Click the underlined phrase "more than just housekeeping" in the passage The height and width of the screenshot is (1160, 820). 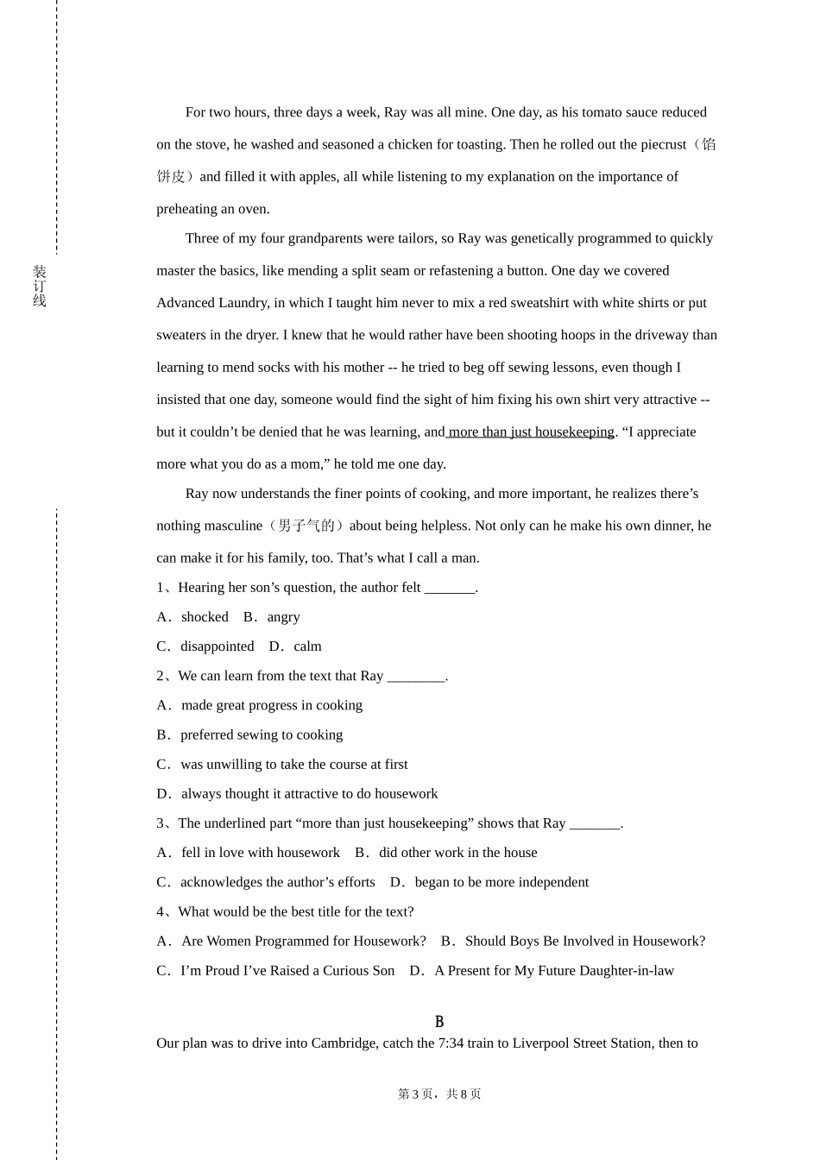pyautogui.click(x=531, y=432)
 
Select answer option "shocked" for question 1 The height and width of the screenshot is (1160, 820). pyautogui.click(x=205, y=617)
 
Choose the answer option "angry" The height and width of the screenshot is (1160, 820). pyautogui.click(x=283, y=617)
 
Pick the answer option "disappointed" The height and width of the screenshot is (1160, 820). pyautogui.click(x=217, y=646)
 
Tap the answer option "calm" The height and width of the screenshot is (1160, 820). pyautogui.click(x=307, y=646)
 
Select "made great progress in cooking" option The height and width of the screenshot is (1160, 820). pyautogui.click(x=271, y=705)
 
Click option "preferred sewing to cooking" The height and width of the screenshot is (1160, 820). pyautogui.click(x=261, y=734)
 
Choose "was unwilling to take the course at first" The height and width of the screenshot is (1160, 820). pyautogui.click(x=293, y=764)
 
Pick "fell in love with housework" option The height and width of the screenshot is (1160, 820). pyautogui.click(x=260, y=853)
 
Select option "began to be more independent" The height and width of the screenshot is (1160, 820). pyautogui.click(x=501, y=882)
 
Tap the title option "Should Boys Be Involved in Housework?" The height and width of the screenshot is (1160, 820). pyautogui.click(x=584, y=941)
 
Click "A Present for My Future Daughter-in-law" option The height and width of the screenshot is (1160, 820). pyautogui.click(x=553, y=970)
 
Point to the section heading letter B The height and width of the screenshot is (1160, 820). pyautogui.click(x=439, y=1022)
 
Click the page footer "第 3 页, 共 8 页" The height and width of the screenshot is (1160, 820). pyautogui.click(x=439, y=1094)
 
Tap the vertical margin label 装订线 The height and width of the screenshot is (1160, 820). pyautogui.click(x=40, y=287)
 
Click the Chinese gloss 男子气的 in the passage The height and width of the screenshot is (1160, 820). pyautogui.click(x=306, y=526)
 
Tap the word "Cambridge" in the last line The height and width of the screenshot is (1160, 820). pyautogui.click(x=344, y=1043)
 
